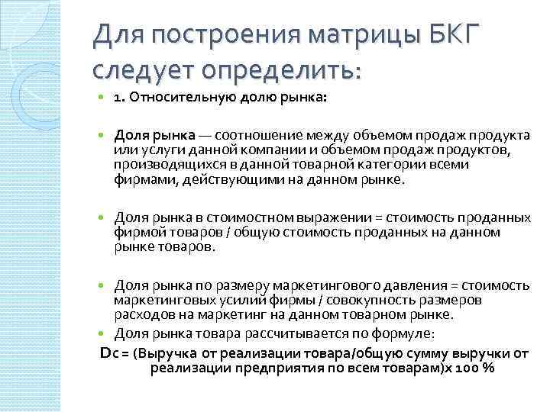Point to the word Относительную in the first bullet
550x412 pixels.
(173, 98)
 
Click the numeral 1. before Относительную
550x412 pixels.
(120, 98)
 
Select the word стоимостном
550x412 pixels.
(228, 217)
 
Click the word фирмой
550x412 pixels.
(137, 231)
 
